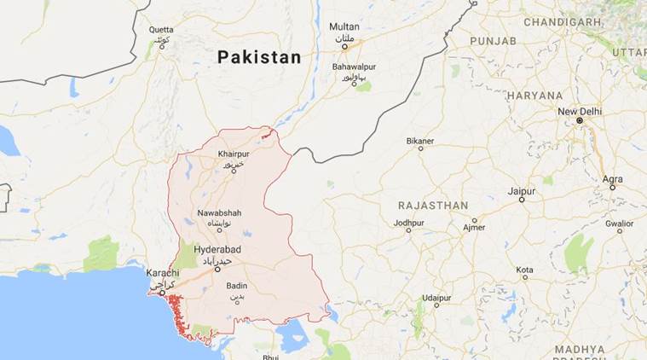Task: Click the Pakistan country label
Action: point(258,58)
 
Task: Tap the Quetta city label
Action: point(160,30)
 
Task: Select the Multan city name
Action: point(344,26)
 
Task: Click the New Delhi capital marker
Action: point(579,121)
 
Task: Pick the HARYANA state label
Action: point(534,96)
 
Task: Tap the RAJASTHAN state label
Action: point(433,206)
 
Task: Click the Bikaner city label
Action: point(419,139)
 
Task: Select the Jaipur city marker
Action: point(521,200)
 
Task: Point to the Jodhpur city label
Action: point(408,223)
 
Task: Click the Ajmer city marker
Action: point(474,230)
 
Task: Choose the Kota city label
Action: point(524,270)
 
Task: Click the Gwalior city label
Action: point(619,223)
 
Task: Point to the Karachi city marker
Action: point(161,292)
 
